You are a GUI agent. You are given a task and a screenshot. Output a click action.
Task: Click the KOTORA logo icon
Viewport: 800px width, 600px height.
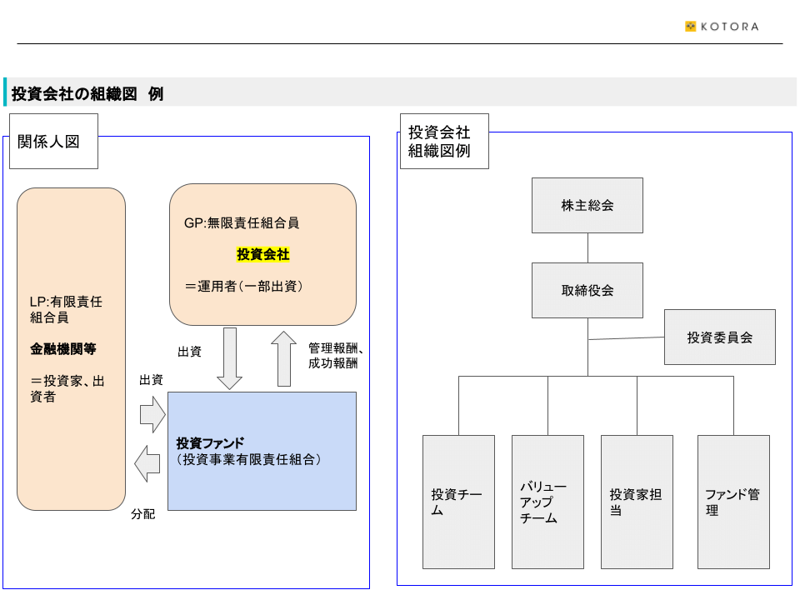(690, 27)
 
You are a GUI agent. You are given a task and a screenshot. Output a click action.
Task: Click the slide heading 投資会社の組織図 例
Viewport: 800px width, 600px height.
(87, 94)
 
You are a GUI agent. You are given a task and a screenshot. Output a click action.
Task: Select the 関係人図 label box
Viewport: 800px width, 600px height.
(53, 142)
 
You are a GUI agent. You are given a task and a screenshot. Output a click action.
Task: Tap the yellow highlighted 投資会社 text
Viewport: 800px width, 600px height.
(262, 254)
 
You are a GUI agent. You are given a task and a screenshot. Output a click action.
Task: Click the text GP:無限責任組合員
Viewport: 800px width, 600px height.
(242, 223)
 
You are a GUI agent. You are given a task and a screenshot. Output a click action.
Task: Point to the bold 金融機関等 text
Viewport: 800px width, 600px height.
(62, 349)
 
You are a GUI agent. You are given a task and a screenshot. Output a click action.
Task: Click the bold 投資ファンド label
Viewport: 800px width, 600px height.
(210, 442)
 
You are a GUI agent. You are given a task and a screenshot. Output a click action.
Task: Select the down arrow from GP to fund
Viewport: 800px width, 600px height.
(230, 358)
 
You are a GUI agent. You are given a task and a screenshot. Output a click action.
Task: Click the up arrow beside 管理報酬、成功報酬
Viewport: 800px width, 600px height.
(283, 358)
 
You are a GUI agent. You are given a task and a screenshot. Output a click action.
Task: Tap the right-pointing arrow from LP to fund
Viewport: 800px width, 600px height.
(152, 415)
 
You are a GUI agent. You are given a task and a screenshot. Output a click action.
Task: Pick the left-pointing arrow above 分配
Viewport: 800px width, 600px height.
(147, 464)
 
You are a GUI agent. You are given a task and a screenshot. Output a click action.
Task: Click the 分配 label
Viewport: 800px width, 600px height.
(142, 514)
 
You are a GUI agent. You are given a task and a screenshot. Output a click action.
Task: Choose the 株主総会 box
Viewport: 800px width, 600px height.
(587, 206)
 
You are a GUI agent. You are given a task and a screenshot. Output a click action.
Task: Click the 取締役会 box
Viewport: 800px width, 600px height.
(587, 290)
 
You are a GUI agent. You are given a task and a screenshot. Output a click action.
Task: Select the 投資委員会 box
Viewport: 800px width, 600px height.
(720, 337)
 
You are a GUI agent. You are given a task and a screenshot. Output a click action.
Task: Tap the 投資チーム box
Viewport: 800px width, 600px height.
(458, 502)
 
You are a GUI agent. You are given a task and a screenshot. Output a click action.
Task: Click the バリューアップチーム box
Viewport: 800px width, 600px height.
(548, 502)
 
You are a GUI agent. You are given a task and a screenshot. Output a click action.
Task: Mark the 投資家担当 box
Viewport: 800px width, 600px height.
(637, 502)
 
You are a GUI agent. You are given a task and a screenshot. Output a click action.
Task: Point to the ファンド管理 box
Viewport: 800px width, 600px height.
(733, 502)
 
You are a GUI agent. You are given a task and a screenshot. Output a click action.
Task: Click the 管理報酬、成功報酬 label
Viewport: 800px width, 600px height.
(336, 356)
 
